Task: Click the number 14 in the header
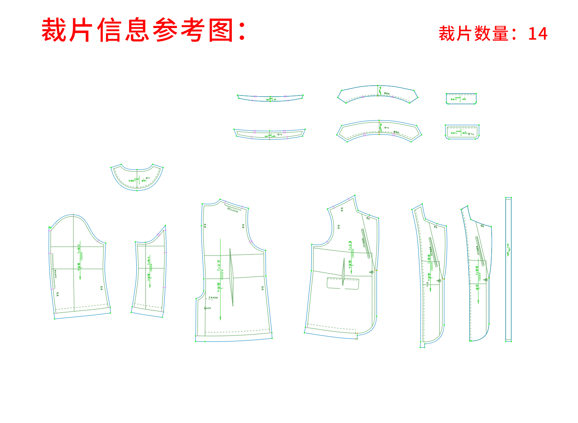[x=537, y=34]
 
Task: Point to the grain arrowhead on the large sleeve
[x=80, y=278]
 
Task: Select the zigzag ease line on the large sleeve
[x=53, y=271]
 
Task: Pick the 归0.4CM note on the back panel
[x=233, y=209]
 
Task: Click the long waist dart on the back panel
[x=231, y=277]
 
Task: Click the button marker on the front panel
[x=372, y=272]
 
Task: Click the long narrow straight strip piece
[x=508, y=269]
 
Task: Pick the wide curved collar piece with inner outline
[x=379, y=131]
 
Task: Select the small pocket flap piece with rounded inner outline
[x=462, y=132]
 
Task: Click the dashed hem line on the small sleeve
[x=148, y=305]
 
